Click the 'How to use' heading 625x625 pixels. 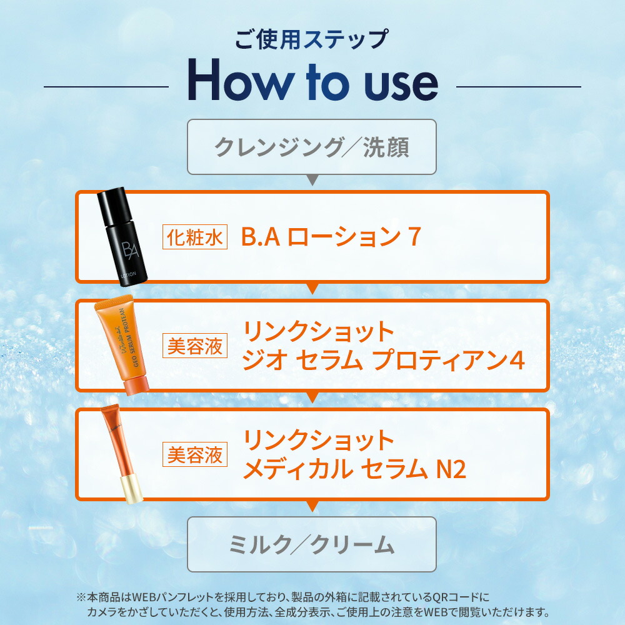click(x=313, y=80)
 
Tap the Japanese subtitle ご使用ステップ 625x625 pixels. click(x=311, y=39)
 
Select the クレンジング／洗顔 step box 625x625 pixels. click(x=312, y=147)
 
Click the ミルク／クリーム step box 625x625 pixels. click(x=312, y=544)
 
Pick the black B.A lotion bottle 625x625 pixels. click(x=122, y=237)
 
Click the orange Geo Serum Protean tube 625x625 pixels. click(x=122, y=344)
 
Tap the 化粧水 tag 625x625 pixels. click(x=195, y=237)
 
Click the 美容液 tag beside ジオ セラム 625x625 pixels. click(x=195, y=346)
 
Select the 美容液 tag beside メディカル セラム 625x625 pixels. click(x=195, y=454)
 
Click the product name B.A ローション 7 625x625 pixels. click(x=331, y=236)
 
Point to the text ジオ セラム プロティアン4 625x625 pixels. click(x=383, y=360)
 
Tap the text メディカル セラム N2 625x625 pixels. click(x=354, y=469)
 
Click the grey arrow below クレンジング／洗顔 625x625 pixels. click(x=312, y=179)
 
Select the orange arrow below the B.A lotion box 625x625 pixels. click(x=312, y=288)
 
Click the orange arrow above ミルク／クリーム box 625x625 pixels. click(x=312, y=506)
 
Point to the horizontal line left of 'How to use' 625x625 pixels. click(x=106, y=86)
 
